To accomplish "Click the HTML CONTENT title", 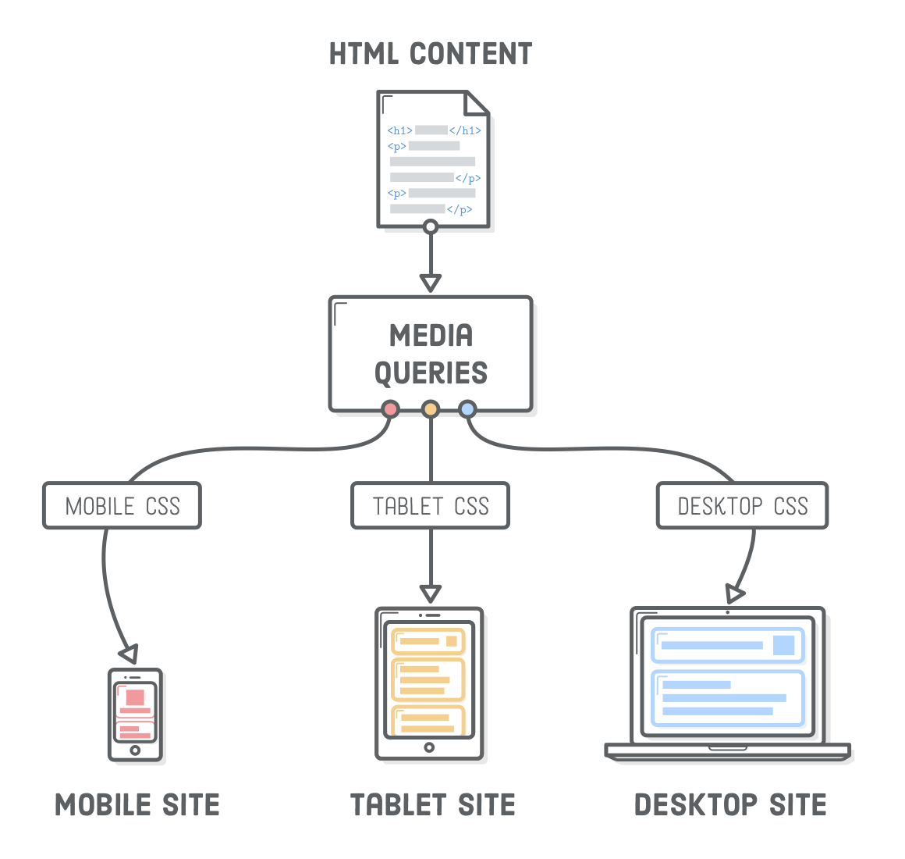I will coord(431,54).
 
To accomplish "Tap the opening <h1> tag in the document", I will coord(399,130).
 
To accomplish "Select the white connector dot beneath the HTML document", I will coord(430,227).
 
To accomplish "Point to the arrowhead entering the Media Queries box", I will coord(430,281).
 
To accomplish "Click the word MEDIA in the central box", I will coord(431,336).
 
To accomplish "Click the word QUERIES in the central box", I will coord(431,373).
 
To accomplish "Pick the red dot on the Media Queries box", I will coord(390,408).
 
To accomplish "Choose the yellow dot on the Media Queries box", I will coord(431,408).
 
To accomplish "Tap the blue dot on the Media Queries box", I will coord(467,408).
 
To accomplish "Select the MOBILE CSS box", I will coord(122,506).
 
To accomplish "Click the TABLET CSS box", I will coord(431,506).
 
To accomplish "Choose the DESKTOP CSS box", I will coord(742,506).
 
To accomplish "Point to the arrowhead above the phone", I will coord(130,653).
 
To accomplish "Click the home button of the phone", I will coord(135,750).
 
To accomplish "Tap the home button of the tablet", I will coord(429,747).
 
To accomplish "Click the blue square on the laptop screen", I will coord(783,645).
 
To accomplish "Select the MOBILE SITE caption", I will coord(138,805).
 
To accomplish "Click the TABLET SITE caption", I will coord(432,805).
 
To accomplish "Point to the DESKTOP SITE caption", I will coord(730,805).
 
